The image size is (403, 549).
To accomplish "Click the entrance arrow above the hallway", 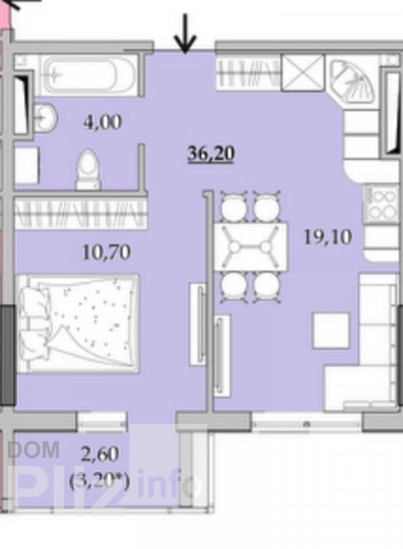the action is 185,34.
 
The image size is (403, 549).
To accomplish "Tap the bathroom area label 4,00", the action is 102,122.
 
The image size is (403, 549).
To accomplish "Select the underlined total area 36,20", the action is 211,154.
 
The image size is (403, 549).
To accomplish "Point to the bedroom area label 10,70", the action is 106,252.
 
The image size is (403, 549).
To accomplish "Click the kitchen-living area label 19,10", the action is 327,237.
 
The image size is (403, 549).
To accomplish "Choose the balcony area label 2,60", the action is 100,454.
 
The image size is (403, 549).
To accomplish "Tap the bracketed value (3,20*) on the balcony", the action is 99,482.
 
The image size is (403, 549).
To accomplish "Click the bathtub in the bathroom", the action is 89,75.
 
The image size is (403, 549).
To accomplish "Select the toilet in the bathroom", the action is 89,170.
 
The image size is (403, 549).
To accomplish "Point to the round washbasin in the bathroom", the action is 45,117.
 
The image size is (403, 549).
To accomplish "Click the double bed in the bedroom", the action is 79,323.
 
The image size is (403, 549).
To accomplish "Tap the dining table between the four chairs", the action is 251,247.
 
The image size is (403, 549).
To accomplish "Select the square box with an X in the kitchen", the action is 303,73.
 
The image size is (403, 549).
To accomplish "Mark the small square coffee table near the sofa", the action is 331,330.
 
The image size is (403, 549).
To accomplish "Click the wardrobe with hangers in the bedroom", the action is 80,213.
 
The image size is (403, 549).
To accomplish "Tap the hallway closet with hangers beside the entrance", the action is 249,73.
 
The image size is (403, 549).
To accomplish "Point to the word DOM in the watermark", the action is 34,450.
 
